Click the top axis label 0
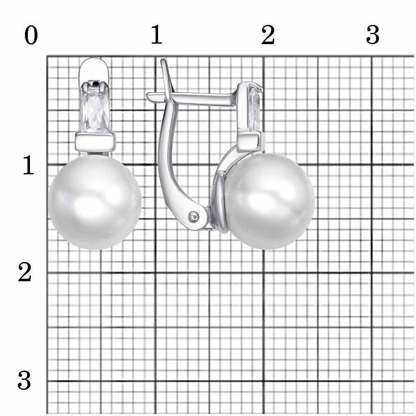point(31,35)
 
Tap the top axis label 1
point(156,35)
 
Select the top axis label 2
point(267,35)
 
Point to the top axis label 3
point(372,35)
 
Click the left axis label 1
point(29,165)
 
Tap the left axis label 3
point(24,380)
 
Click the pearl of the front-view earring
point(95,202)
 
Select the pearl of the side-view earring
point(268,202)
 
